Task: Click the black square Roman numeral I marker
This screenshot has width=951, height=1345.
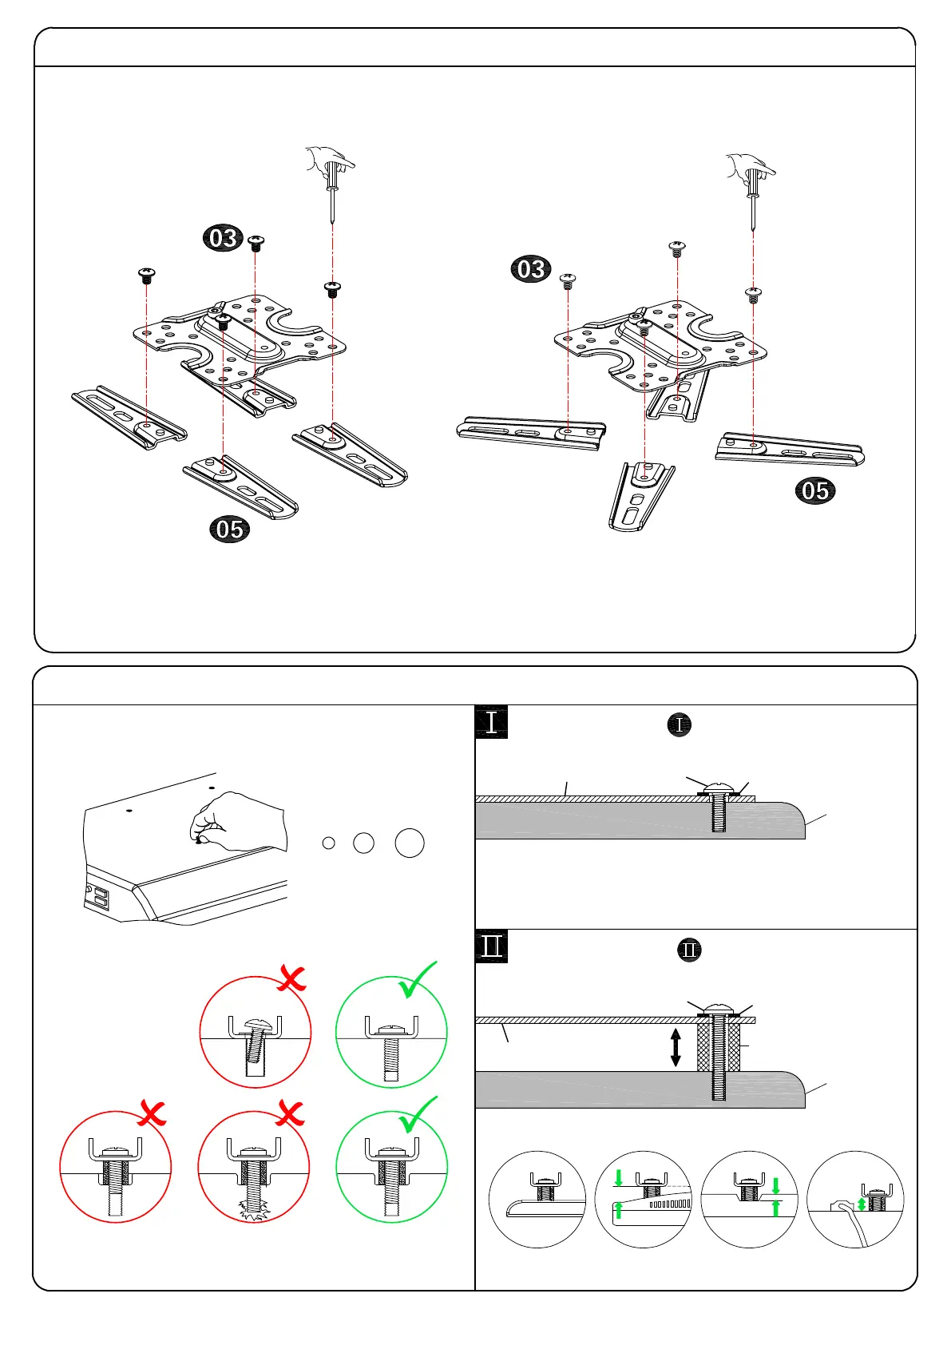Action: click(491, 722)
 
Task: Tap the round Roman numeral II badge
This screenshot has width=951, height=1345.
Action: click(689, 950)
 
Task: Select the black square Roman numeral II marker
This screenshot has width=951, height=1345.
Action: click(491, 946)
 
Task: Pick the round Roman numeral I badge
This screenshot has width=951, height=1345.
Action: click(679, 725)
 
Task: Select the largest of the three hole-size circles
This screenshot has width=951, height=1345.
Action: click(410, 843)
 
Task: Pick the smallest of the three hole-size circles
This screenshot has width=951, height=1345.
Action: click(328, 843)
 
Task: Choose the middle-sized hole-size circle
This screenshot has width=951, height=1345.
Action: click(363, 843)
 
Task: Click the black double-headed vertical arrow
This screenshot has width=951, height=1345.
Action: click(676, 1047)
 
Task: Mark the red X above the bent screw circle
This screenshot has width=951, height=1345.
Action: click(291, 978)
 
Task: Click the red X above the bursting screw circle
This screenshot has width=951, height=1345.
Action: click(291, 1113)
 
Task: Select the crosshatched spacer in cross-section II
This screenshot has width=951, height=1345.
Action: click(719, 1047)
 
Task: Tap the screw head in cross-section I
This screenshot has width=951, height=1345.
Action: click(718, 788)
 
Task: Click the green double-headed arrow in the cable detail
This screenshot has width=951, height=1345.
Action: click(862, 1203)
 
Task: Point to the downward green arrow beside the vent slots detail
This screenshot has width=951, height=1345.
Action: click(618, 1177)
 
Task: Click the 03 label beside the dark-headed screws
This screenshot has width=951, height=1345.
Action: click(223, 238)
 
